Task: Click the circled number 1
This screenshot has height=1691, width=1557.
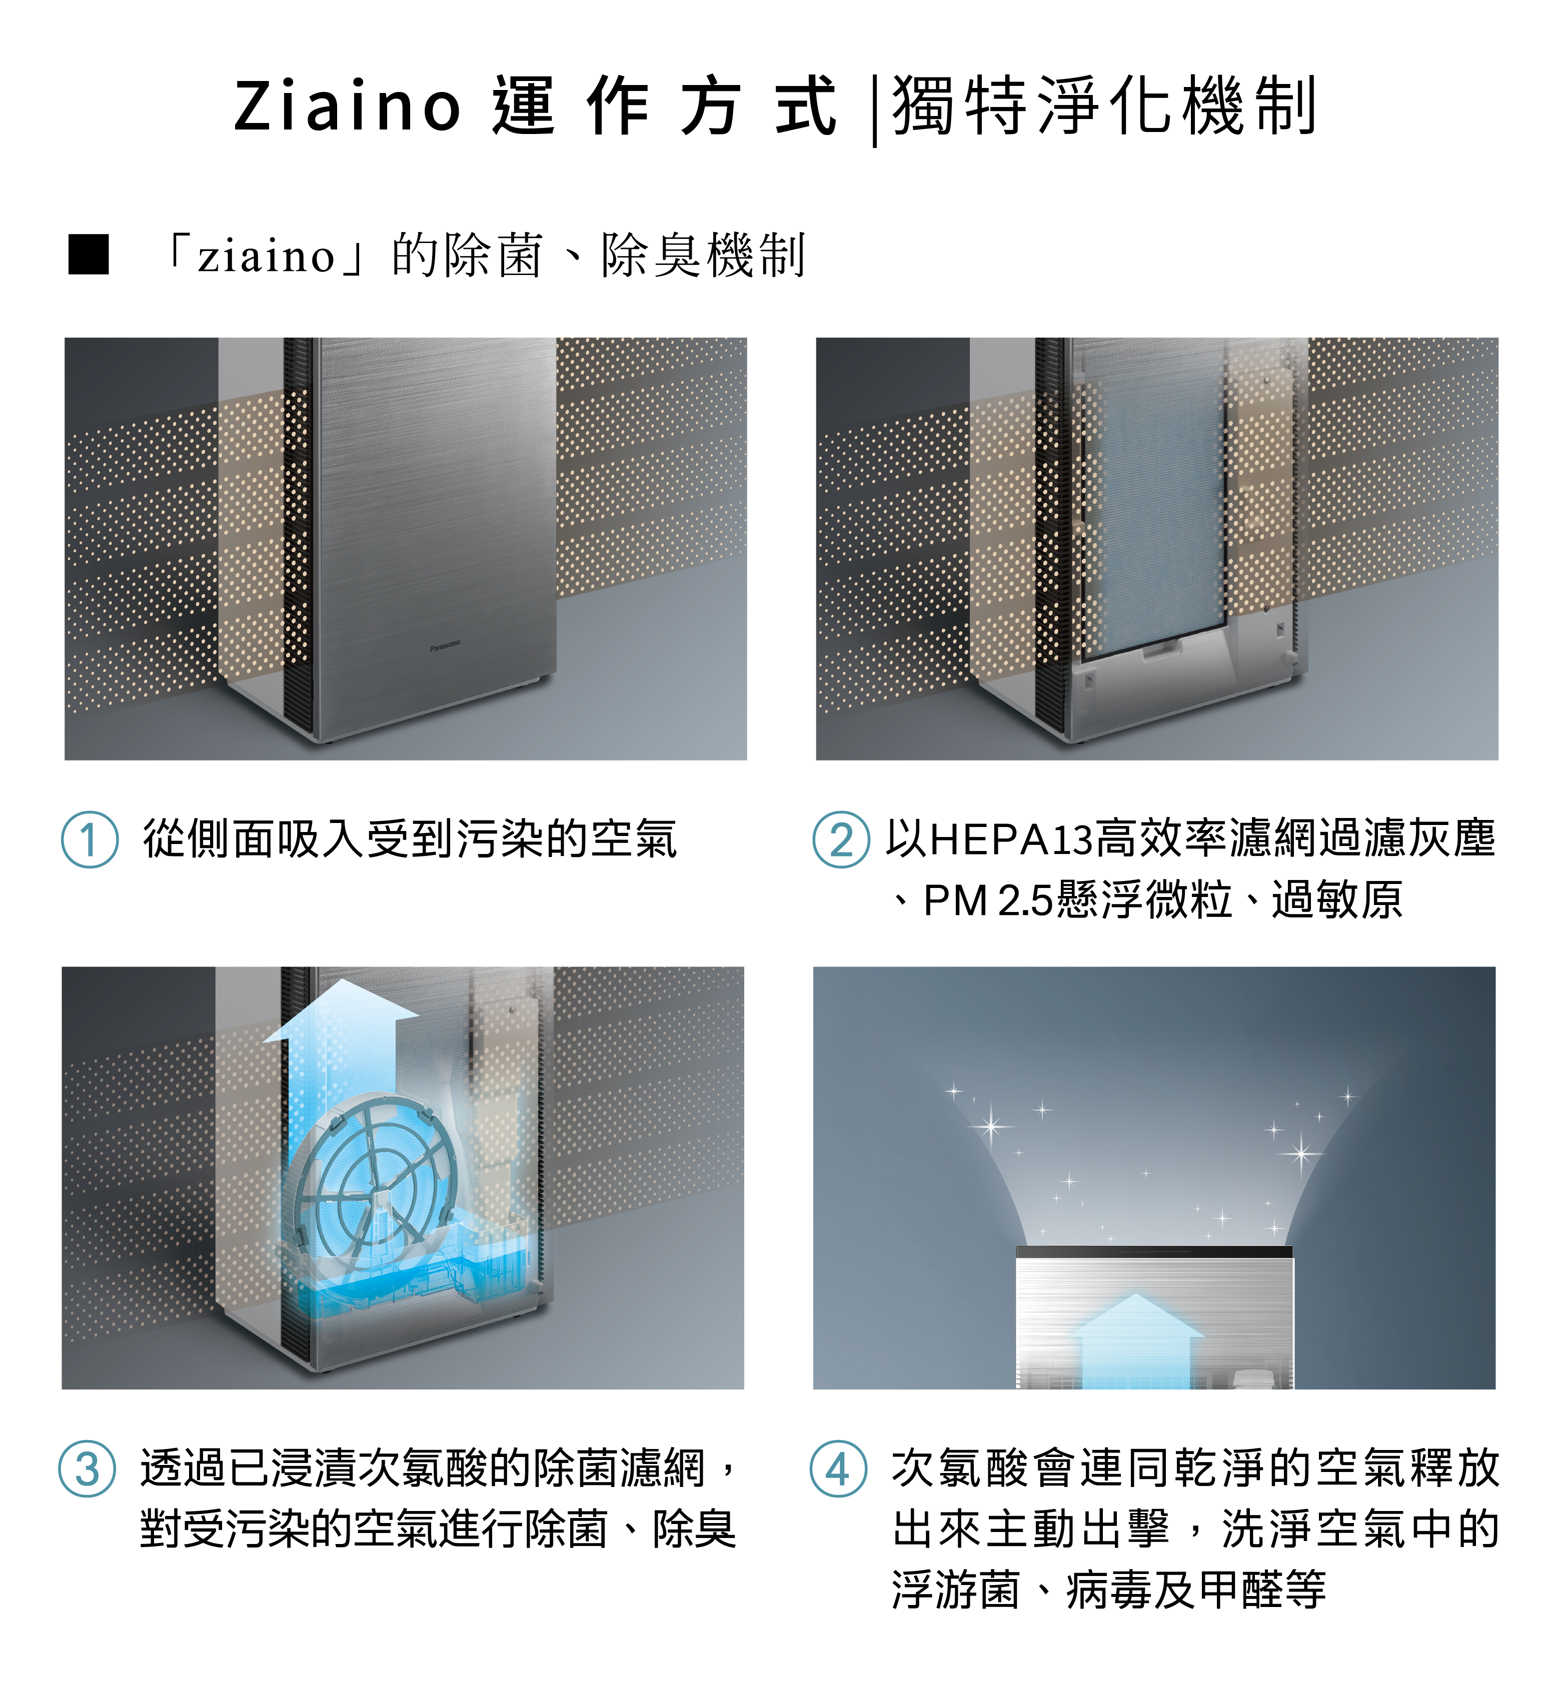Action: point(90,839)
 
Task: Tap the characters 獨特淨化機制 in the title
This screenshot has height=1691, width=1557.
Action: point(1104,105)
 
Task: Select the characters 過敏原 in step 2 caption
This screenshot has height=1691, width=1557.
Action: point(1337,900)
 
